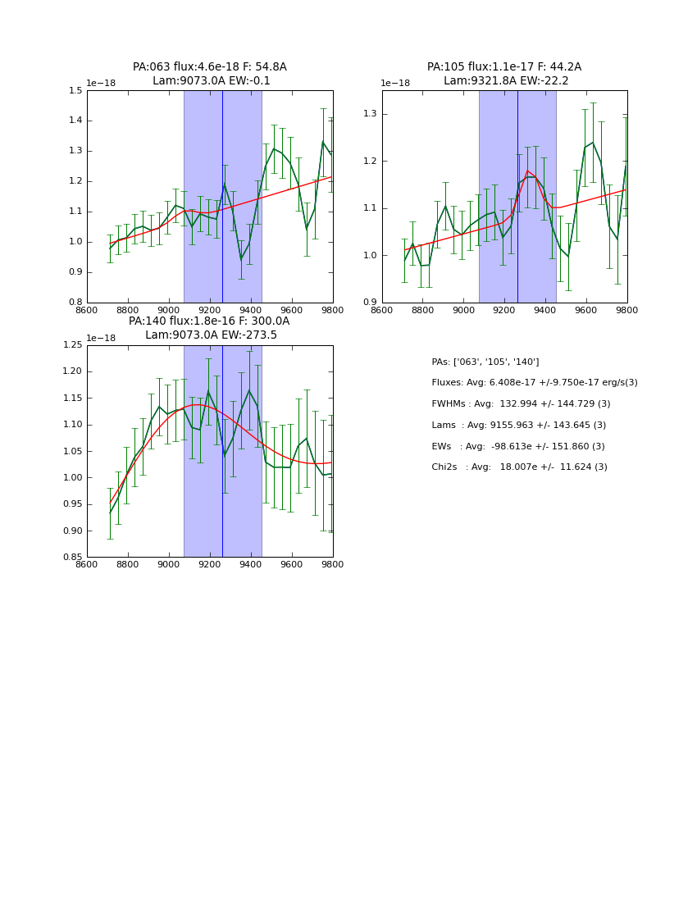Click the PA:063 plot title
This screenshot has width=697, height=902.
click(210, 74)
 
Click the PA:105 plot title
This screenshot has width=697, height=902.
click(504, 74)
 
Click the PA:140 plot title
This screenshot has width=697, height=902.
click(210, 328)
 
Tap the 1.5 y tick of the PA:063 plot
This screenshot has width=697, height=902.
click(75, 90)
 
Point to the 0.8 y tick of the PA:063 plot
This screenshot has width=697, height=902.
click(75, 303)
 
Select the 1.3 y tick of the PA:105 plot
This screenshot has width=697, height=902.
click(371, 114)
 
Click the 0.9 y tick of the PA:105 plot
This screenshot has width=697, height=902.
click(371, 303)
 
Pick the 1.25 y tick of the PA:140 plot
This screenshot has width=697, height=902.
click(73, 345)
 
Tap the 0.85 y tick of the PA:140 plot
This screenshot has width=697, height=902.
click(73, 558)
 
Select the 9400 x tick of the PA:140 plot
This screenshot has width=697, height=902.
click(251, 565)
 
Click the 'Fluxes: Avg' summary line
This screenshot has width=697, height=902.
click(534, 383)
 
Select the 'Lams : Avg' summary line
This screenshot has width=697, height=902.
click(518, 426)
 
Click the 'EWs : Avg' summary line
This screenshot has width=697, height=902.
click(517, 447)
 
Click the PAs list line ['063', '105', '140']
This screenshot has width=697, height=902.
click(485, 362)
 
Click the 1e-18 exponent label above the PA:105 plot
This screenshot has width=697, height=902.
click(395, 84)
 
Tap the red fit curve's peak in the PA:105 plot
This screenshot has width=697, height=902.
click(527, 171)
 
